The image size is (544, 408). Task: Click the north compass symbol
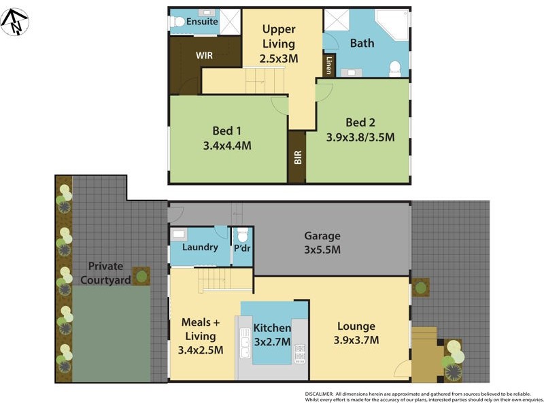click(x=14, y=22)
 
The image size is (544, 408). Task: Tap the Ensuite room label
click(x=202, y=22)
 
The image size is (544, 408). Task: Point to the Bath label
click(x=362, y=44)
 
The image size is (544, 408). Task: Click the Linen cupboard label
click(x=329, y=65)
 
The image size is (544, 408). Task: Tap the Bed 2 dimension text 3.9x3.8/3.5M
click(x=360, y=137)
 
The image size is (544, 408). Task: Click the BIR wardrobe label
click(x=297, y=158)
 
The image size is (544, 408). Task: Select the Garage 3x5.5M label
click(x=322, y=243)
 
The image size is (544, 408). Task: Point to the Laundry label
click(x=200, y=247)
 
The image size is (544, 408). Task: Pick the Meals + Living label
click(x=199, y=329)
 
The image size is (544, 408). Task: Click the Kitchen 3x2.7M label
click(x=272, y=335)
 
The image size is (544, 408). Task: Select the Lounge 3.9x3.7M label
click(x=356, y=333)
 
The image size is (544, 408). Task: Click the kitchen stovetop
click(x=299, y=353)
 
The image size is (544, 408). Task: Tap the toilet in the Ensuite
click(x=178, y=22)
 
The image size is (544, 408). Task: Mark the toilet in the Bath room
click(x=394, y=68)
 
